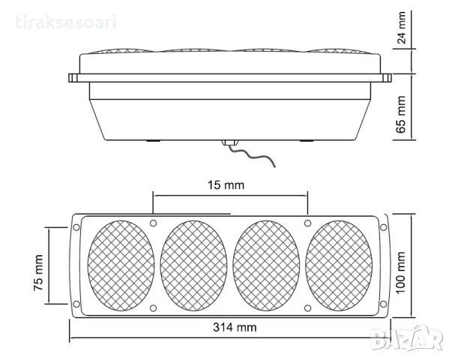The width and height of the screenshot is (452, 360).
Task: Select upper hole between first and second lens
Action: [153, 223]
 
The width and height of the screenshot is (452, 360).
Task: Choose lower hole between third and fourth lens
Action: [307, 307]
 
